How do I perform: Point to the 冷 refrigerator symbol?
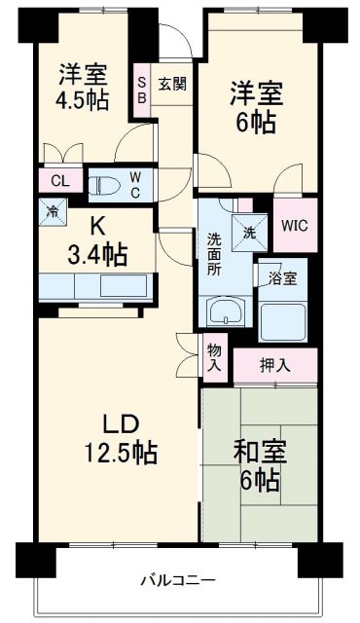click(51, 210)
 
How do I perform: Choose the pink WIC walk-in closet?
click(295, 224)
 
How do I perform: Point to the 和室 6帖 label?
click(258, 465)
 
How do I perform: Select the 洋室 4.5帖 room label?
click(83, 86)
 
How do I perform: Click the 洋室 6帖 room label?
click(255, 107)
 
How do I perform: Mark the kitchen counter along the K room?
click(95, 286)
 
